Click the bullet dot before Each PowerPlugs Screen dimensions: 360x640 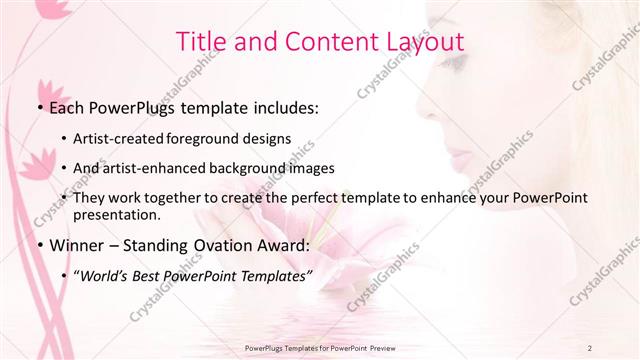38,108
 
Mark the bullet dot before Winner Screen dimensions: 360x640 38,245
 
